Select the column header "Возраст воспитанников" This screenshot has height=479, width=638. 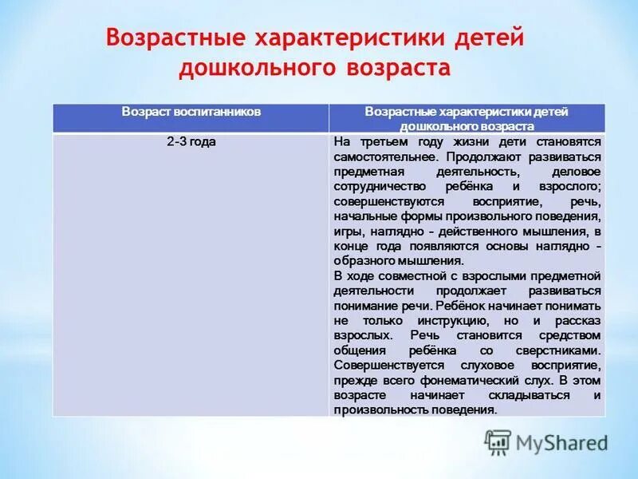tap(191, 112)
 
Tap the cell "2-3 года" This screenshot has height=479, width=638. tap(191, 141)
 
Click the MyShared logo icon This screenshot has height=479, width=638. tap(498, 441)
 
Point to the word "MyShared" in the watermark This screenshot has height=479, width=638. tap(562, 442)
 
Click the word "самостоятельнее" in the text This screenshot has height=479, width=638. tap(375, 156)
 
